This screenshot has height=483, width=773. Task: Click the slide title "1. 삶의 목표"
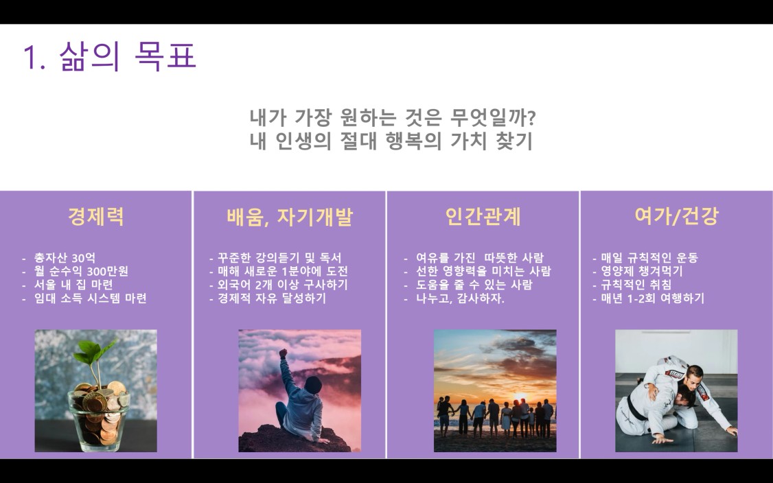coord(109,56)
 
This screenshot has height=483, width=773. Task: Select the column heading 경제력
coord(95,216)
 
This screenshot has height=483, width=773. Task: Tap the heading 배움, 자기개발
coord(290,217)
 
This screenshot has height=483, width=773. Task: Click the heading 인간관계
coord(483,216)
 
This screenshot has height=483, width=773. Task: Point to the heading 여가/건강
coord(676,216)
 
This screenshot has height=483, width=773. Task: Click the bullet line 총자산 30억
coord(65,258)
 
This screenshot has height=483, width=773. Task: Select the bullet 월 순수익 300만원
coord(81,271)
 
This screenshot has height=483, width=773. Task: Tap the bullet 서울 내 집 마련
coord(73,284)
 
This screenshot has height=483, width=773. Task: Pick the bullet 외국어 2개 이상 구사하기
coord(282,284)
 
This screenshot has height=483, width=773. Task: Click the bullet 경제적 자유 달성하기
coord(272,298)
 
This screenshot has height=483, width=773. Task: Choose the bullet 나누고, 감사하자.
coord(460,298)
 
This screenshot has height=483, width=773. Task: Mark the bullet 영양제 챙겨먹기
coord(641,271)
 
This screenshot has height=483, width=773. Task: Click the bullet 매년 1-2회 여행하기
coord(652,298)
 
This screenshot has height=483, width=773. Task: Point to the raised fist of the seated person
coord(283,353)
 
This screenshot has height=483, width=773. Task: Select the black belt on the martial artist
coord(633,408)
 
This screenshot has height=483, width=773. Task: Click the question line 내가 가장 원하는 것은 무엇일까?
coord(393,118)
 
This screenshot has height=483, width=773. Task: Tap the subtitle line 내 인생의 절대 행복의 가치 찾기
coord(391,141)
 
